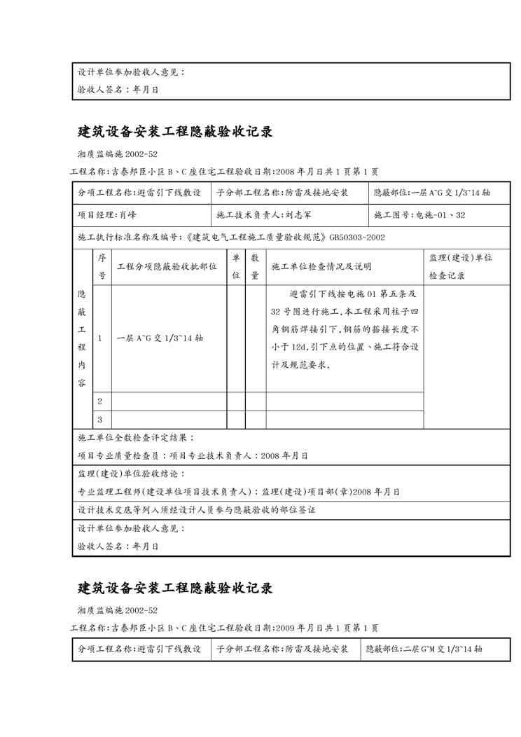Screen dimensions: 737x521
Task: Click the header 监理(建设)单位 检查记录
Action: (x=460, y=267)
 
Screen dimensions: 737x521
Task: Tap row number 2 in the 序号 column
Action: (x=99, y=401)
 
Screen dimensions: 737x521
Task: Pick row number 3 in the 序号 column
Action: (x=99, y=420)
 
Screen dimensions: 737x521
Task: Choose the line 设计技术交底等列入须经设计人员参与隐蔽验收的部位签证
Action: (x=196, y=510)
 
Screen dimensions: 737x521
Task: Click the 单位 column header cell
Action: (x=236, y=267)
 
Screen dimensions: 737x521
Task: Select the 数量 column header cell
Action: (x=255, y=267)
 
